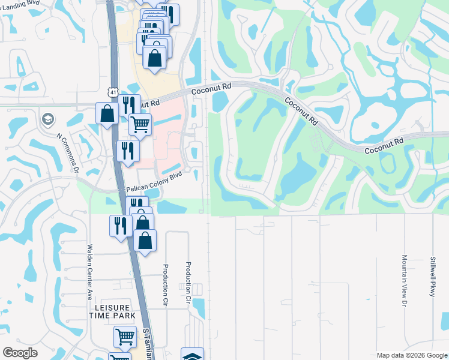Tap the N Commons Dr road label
coord(68,152)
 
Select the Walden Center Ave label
coord(89,272)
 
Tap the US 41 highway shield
coord(112,92)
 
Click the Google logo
coord(20,353)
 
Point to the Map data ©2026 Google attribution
coord(411,355)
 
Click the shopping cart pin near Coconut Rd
coord(140,125)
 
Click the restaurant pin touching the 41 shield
coord(128,105)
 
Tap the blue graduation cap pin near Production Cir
coord(192,355)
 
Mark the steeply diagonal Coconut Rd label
coord(301,110)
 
